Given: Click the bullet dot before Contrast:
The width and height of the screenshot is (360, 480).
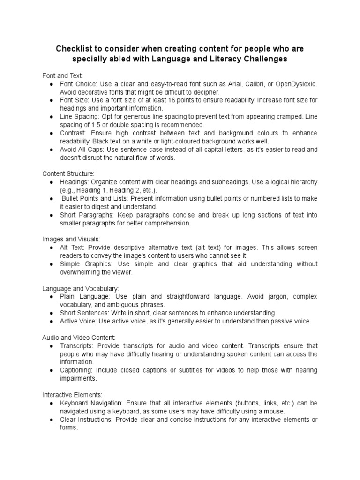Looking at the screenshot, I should (x=50, y=133).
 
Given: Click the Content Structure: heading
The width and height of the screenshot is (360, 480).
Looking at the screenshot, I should (x=68, y=174).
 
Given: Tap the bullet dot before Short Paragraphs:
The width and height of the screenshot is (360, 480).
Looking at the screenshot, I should (x=50, y=215).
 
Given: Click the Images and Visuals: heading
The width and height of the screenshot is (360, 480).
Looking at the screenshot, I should (x=71, y=239).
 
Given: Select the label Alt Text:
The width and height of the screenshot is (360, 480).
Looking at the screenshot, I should (x=71, y=247).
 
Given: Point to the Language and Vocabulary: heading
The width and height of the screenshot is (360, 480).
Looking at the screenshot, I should (x=81, y=288).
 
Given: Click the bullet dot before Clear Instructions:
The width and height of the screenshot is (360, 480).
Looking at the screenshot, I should (x=50, y=419).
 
